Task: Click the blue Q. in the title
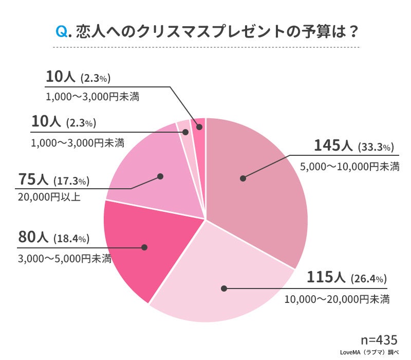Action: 64,32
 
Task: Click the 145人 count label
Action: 333,146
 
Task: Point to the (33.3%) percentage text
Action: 376,147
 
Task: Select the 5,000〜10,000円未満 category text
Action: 349,167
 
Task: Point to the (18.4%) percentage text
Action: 72,239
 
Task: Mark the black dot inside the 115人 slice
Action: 223,289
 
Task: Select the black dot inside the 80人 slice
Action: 144,247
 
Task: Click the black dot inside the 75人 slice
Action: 160,176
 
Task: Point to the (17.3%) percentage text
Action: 72,181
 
